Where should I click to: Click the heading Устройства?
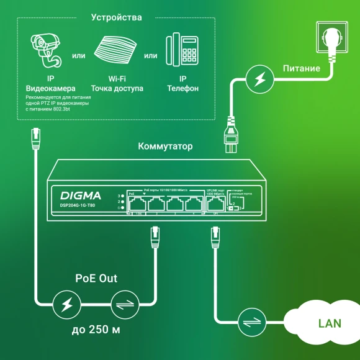point(116,17)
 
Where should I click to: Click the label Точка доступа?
point(117,89)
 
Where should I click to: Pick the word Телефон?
point(182,89)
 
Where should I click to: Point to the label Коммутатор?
point(165,147)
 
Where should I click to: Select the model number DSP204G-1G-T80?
point(78,205)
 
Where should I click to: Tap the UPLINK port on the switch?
point(214,204)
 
